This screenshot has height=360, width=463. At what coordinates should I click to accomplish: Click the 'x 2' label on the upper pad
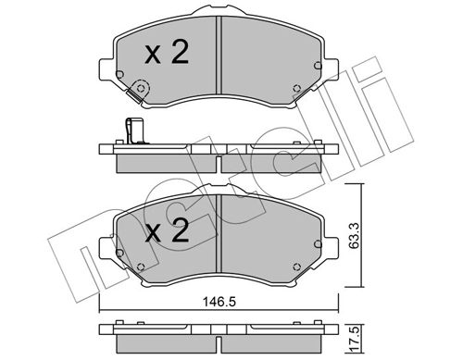tap(167, 54)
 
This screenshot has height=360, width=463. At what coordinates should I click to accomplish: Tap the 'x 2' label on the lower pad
tap(167, 230)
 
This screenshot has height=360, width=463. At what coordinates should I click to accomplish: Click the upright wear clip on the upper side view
tap(132, 132)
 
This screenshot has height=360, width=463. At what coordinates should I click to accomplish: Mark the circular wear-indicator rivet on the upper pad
tap(141, 90)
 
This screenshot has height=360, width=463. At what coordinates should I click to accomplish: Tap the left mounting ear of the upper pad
tap(105, 66)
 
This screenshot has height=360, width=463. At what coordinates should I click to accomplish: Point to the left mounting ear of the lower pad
tap(105, 242)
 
